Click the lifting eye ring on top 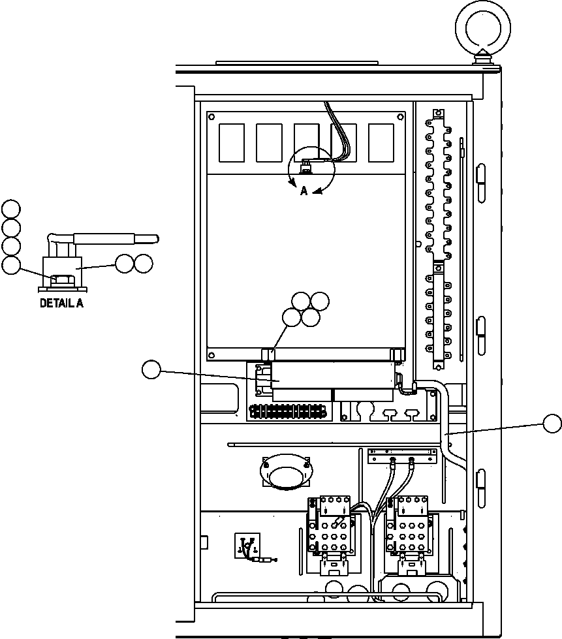(x=483, y=25)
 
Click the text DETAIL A (x=61, y=303)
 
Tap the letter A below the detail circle (x=304, y=192)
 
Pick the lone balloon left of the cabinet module (x=151, y=370)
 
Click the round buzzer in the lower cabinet (x=286, y=473)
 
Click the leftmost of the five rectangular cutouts (x=232, y=143)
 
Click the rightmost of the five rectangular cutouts (x=381, y=143)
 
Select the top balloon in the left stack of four (x=10, y=209)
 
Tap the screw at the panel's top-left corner (x=212, y=117)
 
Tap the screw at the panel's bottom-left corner (x=212, y=355)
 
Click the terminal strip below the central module (x=287, y=412)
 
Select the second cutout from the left (x=269, y=143)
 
